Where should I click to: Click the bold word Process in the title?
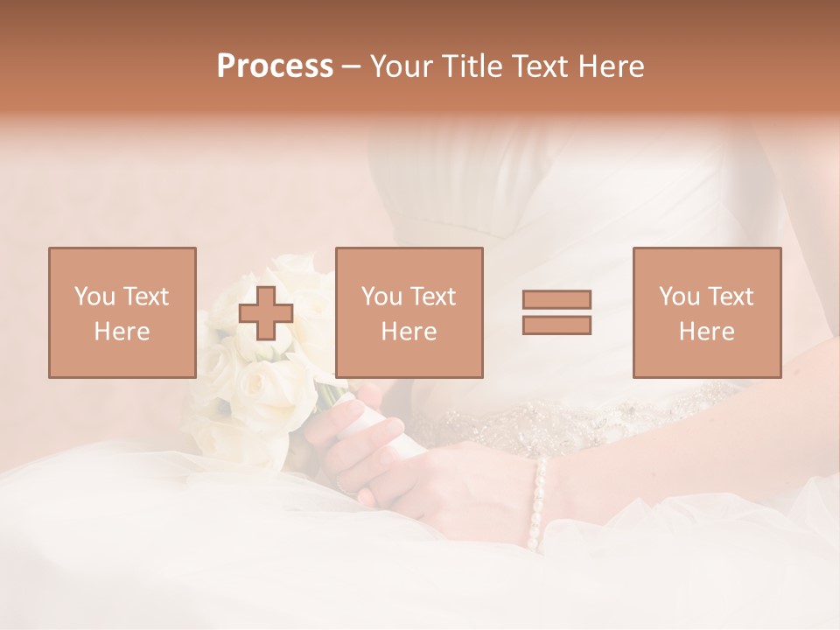coord(275,66)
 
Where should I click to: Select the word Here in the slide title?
coord(611,66)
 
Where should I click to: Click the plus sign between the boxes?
coord(266,313)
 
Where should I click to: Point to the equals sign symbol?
coord(556,312)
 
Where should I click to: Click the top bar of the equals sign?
coord(556,300)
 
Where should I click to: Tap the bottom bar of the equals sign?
coord(556,325)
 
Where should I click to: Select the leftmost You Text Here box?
coord(122,313)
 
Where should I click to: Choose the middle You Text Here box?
coord(409,313)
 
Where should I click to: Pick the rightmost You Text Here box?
coord(707,313)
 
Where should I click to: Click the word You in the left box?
coord(94,297)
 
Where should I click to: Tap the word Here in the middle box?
coord(409,332)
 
